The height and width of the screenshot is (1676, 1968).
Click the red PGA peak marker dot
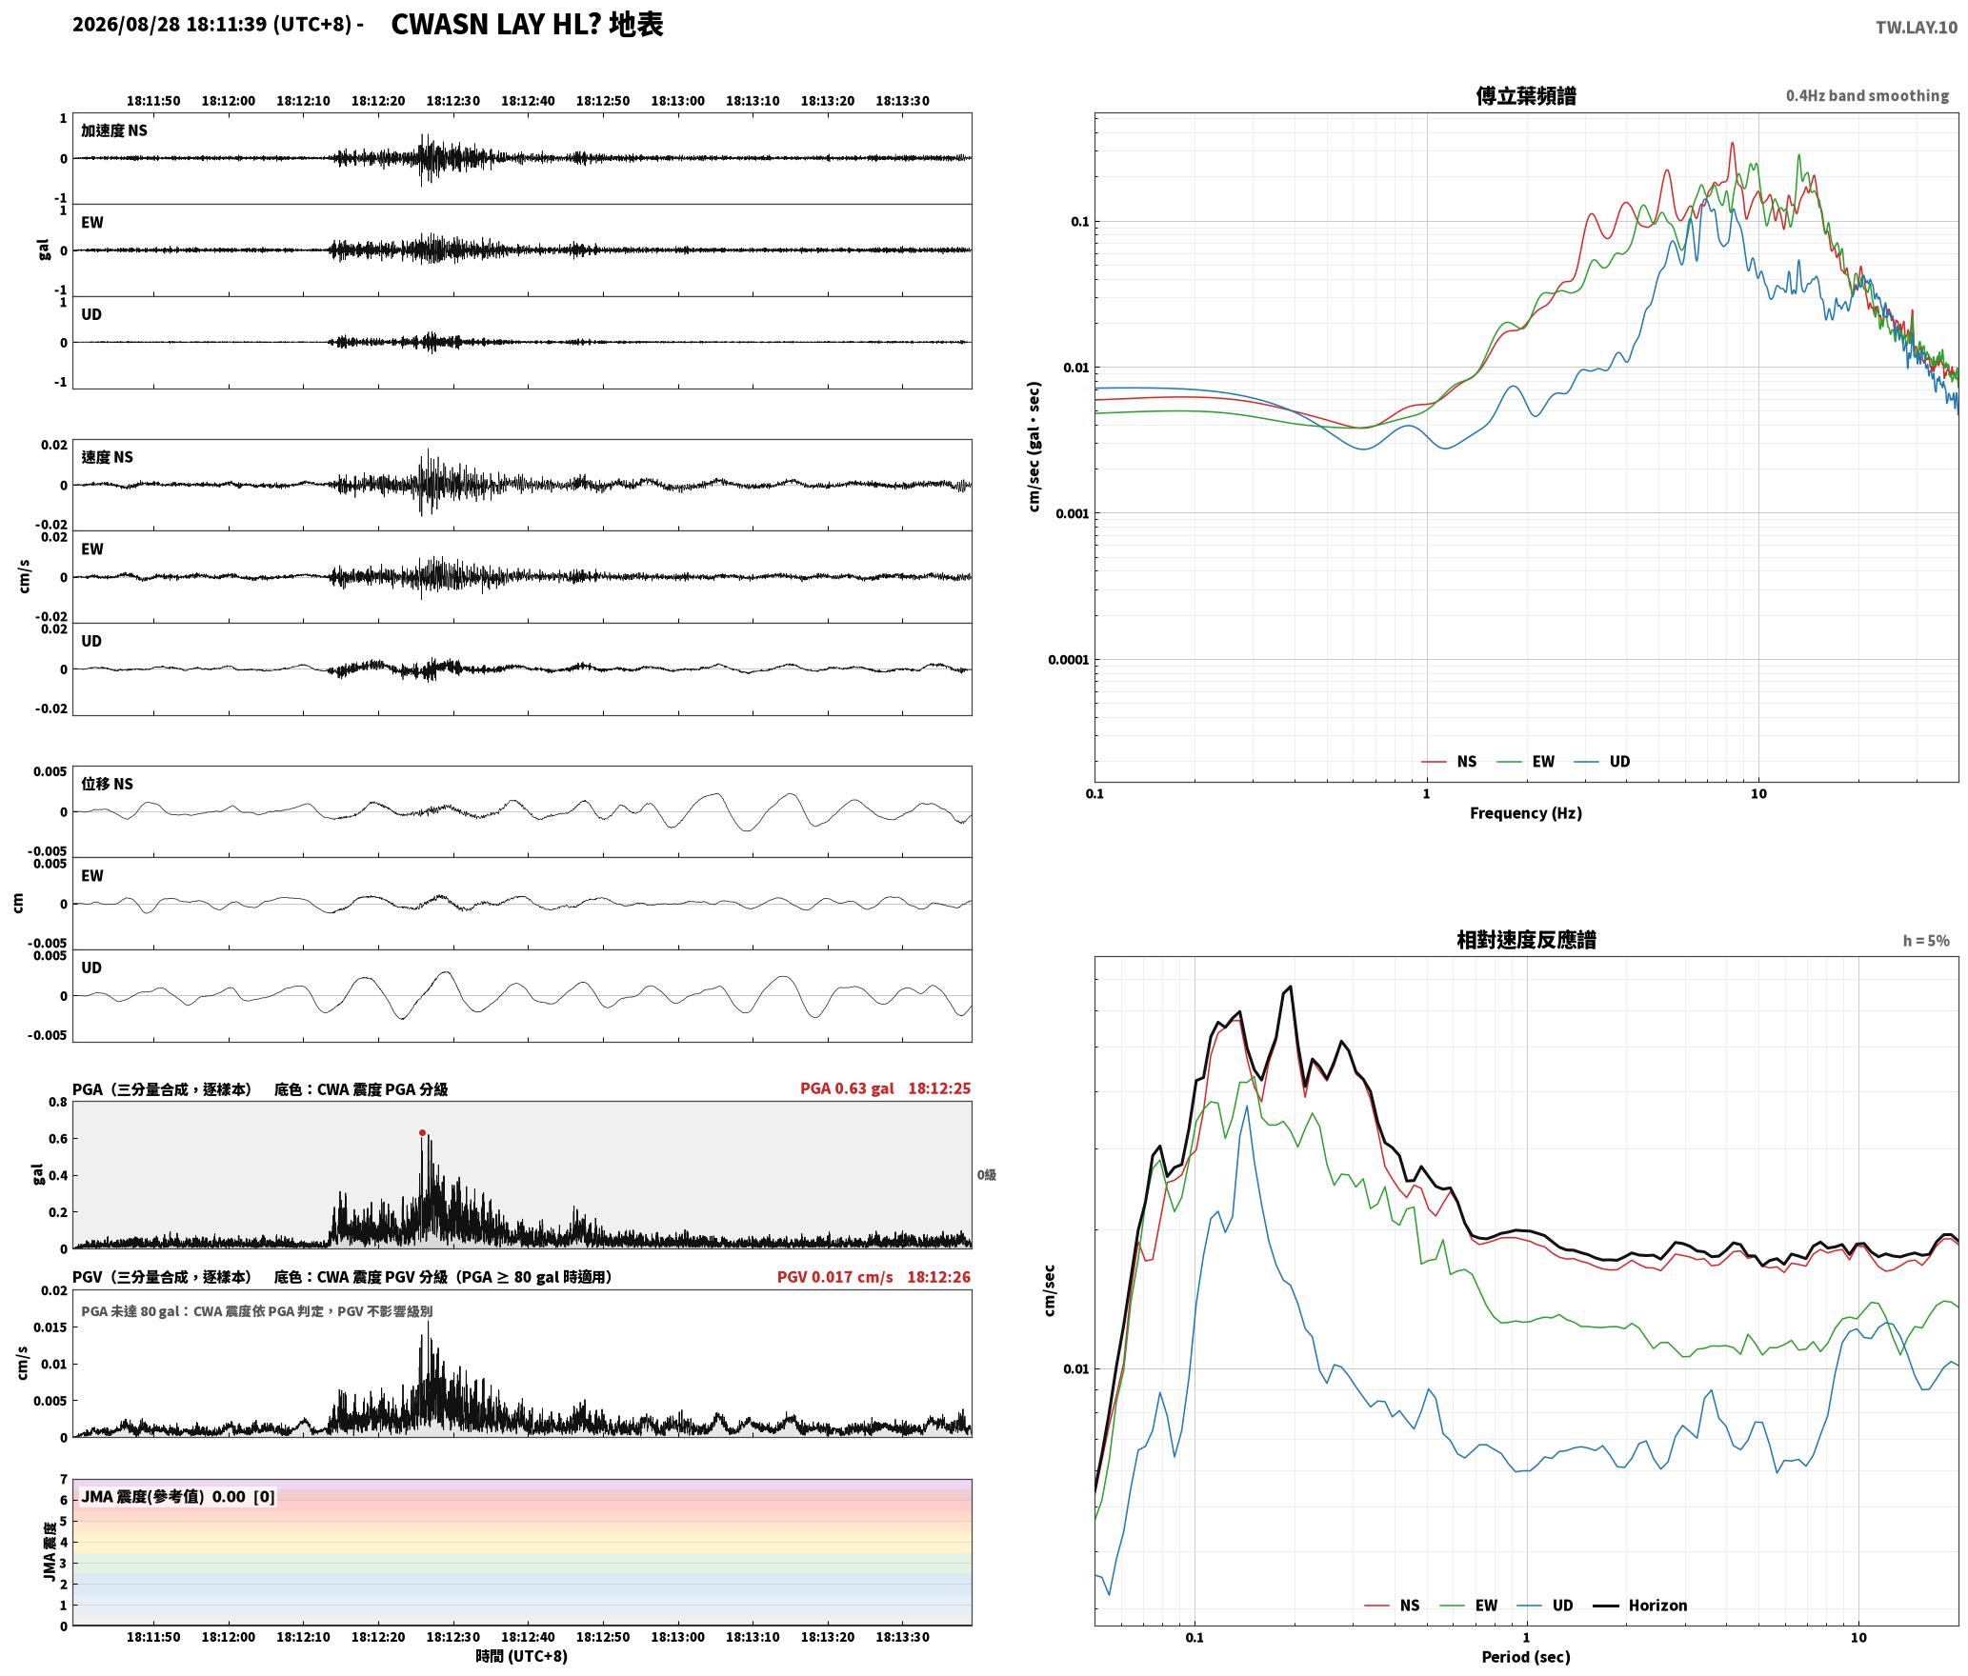click(422, 1132)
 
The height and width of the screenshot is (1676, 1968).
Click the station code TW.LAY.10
click(1917, 28)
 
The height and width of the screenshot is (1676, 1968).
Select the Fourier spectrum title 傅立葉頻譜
click(1526, 95)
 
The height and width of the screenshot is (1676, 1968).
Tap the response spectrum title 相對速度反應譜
click(1526, 940)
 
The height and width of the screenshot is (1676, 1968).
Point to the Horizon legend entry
click(1640, 1606)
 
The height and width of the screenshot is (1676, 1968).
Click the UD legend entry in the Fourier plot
click(1602, 762)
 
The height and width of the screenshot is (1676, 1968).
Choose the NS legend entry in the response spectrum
click(1392, 1606)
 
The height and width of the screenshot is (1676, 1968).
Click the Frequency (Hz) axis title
click(1526, 813)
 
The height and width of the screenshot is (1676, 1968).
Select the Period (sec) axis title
click(1526, 1657)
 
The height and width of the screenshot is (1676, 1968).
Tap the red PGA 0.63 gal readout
click(847, 1088)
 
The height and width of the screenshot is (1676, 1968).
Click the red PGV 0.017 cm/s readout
click(835, 1277)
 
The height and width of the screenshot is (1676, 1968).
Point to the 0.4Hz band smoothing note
click(1867, 95)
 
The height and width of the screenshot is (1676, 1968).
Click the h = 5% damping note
click(1926, 941)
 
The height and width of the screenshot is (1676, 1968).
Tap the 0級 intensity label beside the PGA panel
click(986, 1175)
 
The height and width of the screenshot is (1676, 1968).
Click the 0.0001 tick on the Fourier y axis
click(1068, 660)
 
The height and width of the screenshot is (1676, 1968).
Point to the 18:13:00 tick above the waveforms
click(677, 101)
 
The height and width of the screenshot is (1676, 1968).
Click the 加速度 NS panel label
click(114, 130)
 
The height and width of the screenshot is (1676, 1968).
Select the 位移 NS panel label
click(107, 784)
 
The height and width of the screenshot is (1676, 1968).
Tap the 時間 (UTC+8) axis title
click(522, 1656)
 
